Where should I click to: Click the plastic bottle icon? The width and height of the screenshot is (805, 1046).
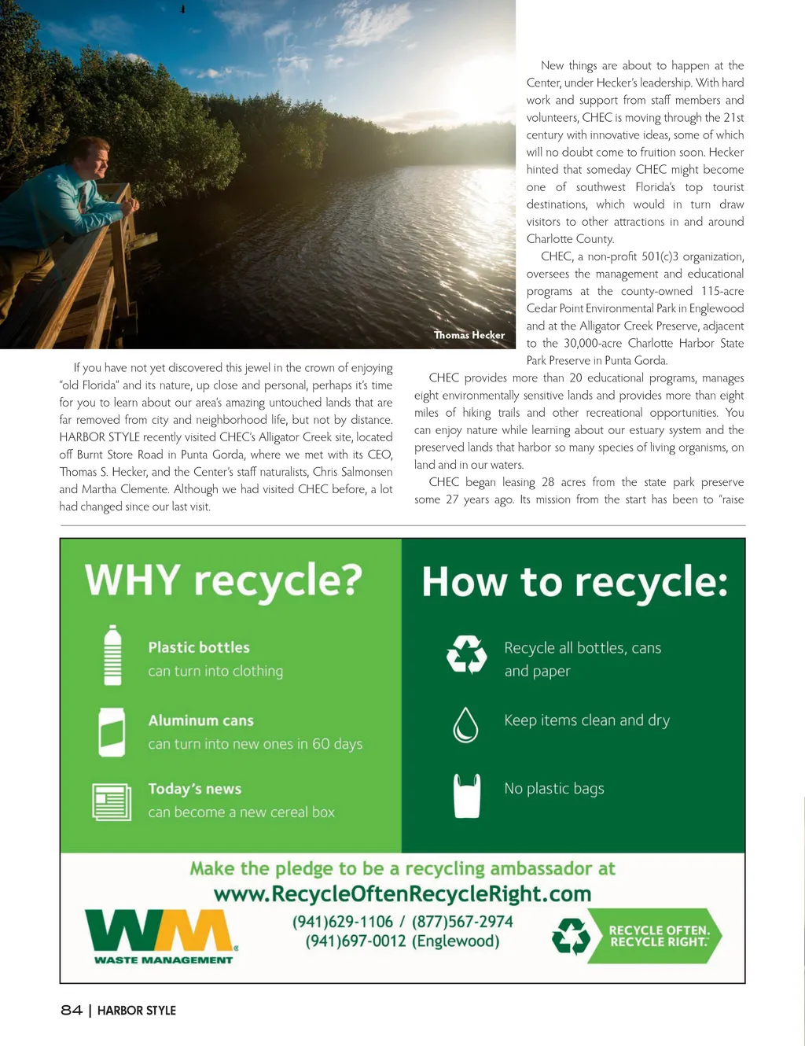pos(113,655)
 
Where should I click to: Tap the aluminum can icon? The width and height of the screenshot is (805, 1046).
pos(112,731)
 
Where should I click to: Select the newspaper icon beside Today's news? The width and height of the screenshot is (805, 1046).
pos(112,801)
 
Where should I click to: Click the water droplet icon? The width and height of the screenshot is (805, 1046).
pos(465,724)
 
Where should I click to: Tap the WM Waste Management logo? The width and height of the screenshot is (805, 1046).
pos(162,936)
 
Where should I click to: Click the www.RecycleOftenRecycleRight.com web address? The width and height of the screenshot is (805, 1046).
pos(402,894)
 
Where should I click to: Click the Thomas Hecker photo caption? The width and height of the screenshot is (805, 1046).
pos(469,335)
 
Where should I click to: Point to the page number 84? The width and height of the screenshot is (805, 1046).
pos(72,1010)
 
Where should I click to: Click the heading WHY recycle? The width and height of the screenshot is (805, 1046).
pos(224,580)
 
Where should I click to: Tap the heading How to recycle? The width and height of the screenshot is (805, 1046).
pos(575,583)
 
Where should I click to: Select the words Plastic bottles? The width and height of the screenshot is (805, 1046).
pos(199,647)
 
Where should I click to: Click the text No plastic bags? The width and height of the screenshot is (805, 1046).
pos(554,788)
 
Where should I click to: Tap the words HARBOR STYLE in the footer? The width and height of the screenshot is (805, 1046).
pos(137,1010)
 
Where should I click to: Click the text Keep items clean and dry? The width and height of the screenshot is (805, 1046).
pos(587,720)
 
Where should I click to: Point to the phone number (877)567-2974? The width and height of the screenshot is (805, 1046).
pos(462,922)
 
